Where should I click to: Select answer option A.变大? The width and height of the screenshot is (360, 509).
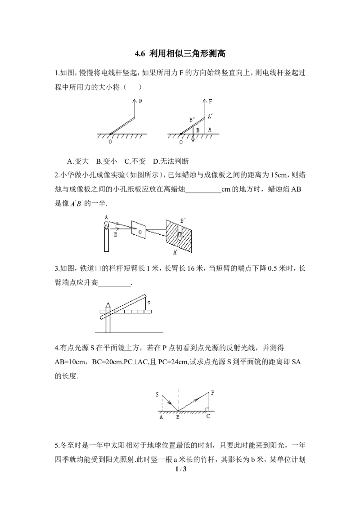click(78, 161)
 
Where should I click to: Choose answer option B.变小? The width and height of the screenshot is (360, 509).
click(107, 161)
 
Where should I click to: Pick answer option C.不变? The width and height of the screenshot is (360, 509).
click(135, 161)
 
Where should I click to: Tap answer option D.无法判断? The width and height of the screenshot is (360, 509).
click(171, 161)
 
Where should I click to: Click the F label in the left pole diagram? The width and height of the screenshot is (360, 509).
click(140, 101)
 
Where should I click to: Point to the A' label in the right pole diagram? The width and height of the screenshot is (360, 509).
click(210, 116)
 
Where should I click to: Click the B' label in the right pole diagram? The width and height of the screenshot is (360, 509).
click(192, 120)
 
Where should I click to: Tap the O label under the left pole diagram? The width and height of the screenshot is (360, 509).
click(110, 142)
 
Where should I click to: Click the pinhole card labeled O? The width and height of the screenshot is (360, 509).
click(139, 231)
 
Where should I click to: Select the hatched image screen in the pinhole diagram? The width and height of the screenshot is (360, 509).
click(179, 234)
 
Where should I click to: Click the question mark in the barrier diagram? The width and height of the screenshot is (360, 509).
click(149, 304)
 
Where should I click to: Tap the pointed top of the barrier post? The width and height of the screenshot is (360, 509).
click(108, 303)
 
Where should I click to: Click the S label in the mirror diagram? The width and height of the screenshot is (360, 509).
click(157, 394)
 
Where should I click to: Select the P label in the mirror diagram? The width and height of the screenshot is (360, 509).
click(212, 393)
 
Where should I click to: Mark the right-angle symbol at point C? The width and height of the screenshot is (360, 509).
click(207, 409)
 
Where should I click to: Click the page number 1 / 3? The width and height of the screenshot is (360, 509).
click(180, 469)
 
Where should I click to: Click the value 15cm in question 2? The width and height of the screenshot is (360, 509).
click(279, 175)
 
